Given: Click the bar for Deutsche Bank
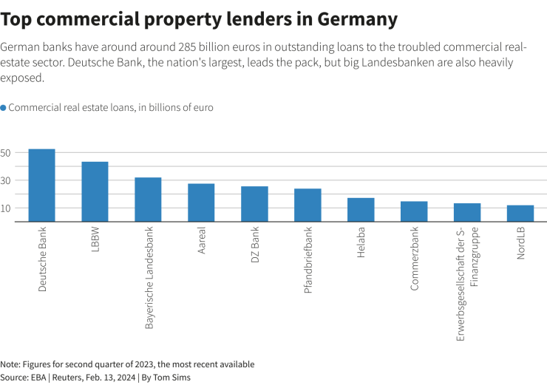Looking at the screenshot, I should pos(41,185).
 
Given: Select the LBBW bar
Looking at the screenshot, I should pos(95,191).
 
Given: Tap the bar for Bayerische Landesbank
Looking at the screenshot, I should pos(148,199).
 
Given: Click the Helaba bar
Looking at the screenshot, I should pos(361,209).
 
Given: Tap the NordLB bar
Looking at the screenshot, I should pos(520,213).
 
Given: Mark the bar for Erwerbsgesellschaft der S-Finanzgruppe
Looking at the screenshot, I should pos(467,212).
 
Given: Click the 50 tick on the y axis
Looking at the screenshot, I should pos(6,153).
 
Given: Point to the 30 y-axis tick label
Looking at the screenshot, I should pos(6,180).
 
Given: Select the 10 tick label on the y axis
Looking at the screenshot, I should pos(6,208).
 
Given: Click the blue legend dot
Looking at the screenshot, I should pos(4,108).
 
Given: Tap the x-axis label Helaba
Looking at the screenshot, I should pos(361,243).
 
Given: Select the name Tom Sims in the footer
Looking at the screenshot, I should pos(172,378).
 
